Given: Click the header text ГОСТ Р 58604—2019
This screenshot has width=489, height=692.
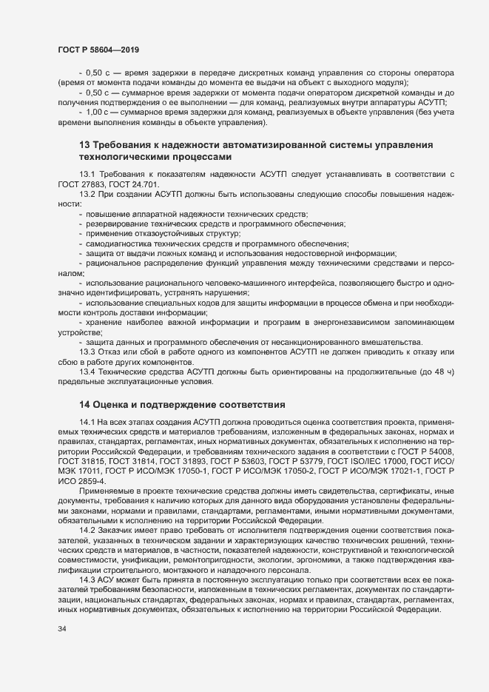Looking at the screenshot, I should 98,48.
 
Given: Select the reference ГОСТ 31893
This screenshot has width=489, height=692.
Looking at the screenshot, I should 186,460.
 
